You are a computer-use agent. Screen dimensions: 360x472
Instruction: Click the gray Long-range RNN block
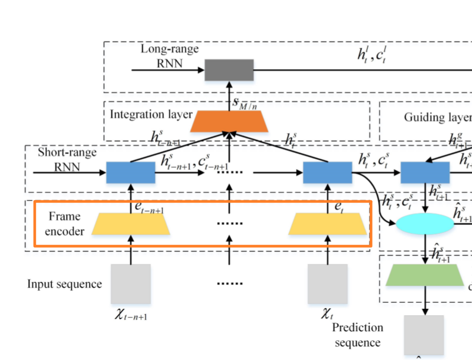229,70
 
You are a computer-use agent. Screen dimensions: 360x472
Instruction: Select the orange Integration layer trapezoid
229,121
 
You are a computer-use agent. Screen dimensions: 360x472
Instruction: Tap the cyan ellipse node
425,224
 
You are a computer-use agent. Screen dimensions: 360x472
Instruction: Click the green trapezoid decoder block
425,275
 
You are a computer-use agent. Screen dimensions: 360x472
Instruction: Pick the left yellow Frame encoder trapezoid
130,224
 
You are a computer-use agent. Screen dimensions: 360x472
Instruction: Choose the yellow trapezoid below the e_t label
327,224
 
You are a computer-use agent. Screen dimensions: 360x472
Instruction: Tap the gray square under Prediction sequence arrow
424,334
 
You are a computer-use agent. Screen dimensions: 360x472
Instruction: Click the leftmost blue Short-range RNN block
130,173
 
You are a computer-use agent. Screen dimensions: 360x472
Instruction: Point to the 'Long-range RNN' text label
169,56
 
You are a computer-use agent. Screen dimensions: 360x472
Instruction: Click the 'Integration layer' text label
144,114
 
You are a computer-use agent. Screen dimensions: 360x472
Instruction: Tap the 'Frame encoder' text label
64,224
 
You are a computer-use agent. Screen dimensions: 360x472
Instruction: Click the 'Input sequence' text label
64,284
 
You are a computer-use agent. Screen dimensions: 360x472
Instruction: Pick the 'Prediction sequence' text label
357,335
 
